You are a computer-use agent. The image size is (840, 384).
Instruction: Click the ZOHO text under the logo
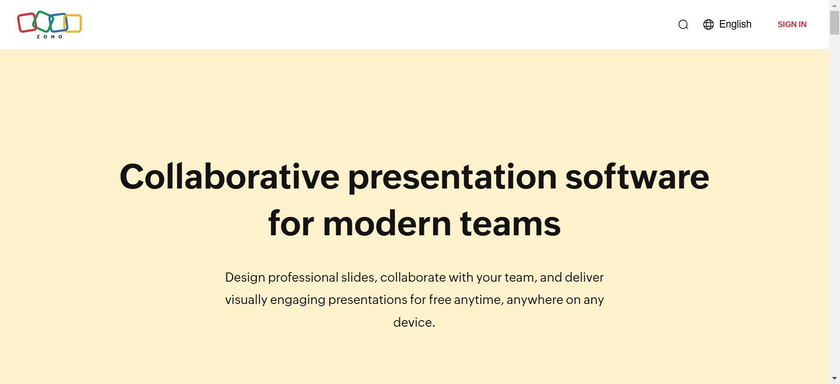pyautogui.click(x=49, y=37)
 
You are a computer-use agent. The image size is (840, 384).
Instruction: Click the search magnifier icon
pyautogui.click(x=683, y=24)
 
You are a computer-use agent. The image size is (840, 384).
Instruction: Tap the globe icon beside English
pyautogui.click(x=708, y=24)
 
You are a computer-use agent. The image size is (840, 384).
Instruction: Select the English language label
pyautogui.click(x=735, y=24)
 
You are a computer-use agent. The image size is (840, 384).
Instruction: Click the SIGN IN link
pyautogui.click(x=792, y=24)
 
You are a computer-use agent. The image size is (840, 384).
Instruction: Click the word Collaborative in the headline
pyautogui.click(x=230, y=176)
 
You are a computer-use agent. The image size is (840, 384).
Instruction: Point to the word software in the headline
pyautogui.click(x=637, y=176)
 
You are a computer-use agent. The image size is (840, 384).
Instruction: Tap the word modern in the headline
pyautogui.click(x=387, y=223)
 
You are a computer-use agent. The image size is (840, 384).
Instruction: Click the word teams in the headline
pyautogui.click(x=510, y=223)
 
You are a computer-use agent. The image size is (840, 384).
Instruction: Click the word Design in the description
pyautogui.click(x=245, y=277)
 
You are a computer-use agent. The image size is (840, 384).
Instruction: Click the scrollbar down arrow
pyautogui.click(x=834, y=378)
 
